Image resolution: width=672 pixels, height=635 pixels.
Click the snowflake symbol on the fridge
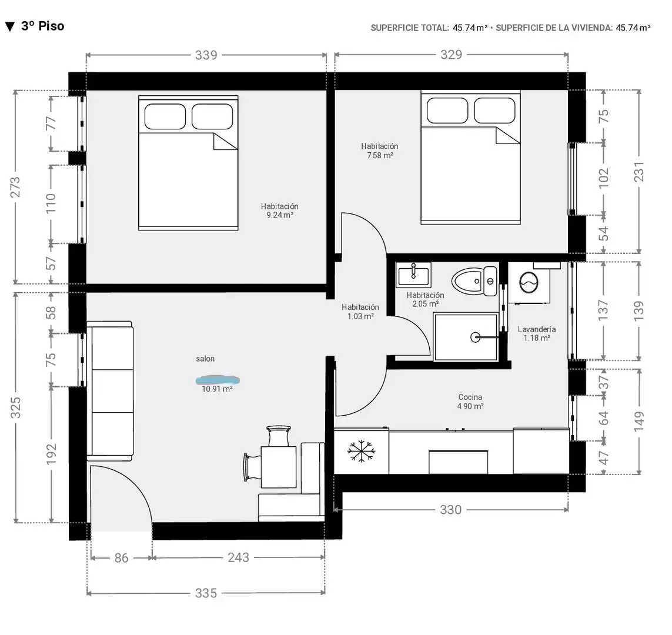362,451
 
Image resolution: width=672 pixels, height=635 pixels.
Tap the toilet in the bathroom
474,281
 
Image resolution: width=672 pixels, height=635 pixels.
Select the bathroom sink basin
413,275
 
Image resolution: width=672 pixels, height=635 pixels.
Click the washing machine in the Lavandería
529,283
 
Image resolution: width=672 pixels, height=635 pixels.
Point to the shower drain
475,337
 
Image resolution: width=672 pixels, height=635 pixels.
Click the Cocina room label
470,397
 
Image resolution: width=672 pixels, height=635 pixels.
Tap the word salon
205,359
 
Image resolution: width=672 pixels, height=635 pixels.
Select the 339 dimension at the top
206,55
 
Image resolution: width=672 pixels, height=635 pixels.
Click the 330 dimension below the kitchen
451,509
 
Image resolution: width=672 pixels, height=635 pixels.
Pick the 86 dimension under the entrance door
121,558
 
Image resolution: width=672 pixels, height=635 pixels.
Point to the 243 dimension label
238,557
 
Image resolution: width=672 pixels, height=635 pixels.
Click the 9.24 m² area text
280,215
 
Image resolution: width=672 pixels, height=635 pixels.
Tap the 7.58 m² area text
380,156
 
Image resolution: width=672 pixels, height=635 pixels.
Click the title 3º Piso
43,26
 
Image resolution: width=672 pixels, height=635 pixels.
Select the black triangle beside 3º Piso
10,27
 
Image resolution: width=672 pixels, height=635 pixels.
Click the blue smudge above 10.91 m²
218,380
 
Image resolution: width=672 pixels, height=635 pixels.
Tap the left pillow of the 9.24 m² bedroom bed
165,116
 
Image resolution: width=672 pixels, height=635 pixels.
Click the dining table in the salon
279,467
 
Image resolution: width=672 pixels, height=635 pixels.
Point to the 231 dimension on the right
638,172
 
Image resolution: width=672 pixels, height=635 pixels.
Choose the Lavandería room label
537,329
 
